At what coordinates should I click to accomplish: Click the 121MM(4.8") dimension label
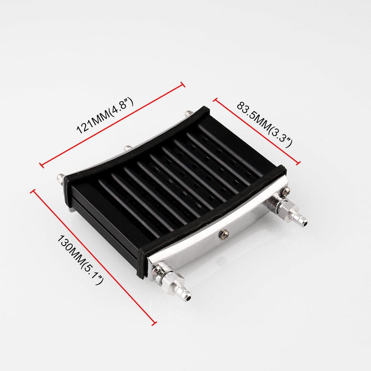click(x=105, y=116)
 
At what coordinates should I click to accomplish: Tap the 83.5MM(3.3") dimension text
click(x=265, y=125)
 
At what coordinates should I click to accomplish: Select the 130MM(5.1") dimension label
click(x=81, y=260)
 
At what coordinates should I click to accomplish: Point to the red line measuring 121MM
click(x=112, y=125)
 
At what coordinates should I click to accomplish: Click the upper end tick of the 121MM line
click(x=183, y=85)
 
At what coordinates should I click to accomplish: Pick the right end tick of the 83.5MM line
click(x=298, y=162)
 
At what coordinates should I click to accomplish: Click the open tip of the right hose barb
click(x=306, y=223)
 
